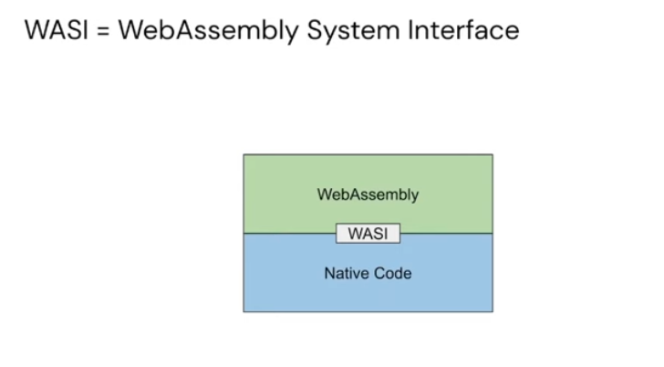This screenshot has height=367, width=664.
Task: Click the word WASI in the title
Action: coord(57,30)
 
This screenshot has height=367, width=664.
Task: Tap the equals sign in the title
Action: coord(103,31)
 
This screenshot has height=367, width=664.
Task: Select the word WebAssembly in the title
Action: coord(208,31)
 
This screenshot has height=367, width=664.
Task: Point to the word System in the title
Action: coord(354,31)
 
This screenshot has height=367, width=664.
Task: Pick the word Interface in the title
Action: coord(463,30)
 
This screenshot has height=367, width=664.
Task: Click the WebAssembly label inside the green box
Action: coord(368,195)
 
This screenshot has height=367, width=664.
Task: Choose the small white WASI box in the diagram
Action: coord(368,234)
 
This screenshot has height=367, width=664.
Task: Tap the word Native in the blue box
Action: coord(344,273)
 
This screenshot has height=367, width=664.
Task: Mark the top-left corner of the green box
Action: coord(244,154)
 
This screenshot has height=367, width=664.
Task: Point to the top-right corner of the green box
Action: coord(493,154)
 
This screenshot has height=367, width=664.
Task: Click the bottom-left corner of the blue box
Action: coord(244,312)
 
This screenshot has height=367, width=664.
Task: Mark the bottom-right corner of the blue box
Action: coord(493,312)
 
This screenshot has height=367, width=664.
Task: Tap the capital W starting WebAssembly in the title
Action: coord(132,30)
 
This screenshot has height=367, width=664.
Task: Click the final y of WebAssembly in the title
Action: coord(293,34)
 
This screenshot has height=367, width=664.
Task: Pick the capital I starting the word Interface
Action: coord(410,30)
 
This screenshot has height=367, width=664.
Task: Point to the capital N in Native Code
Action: coord(330,273)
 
